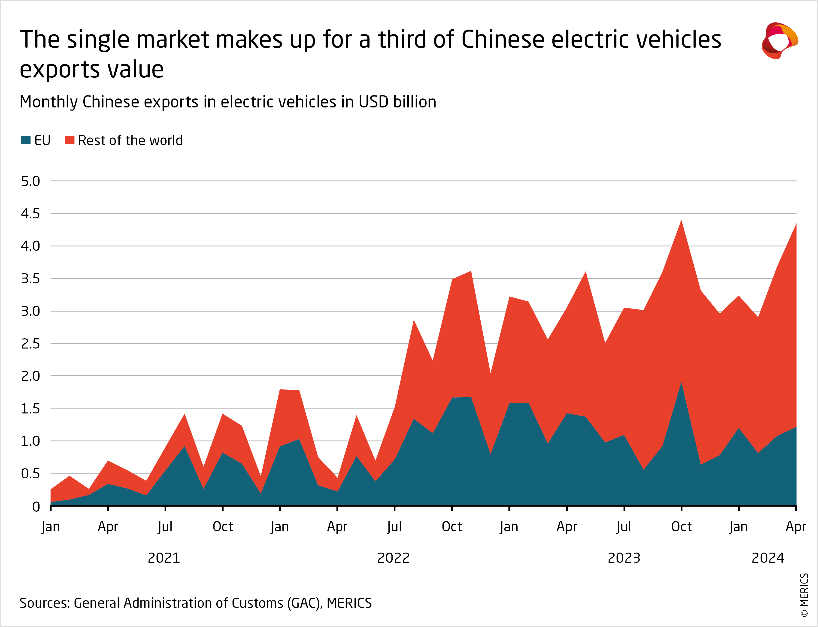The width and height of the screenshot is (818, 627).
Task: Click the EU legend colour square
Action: tap(25, 140)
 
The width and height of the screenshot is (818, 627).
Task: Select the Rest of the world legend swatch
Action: tap(69, 140)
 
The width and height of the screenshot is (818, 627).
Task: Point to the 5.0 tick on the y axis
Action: tap(30, 181)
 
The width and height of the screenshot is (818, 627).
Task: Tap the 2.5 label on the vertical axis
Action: tap(30, 344)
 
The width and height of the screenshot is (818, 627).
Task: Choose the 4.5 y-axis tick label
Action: tap(30, 214)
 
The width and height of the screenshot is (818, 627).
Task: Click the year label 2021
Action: tap(164, 558)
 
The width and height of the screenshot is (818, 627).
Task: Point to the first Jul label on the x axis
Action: tap(165, 527)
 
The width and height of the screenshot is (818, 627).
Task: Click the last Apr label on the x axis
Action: tap(796, 527)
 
